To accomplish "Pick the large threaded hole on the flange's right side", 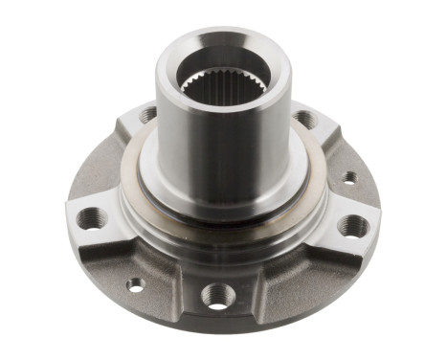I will [x=352, y=226].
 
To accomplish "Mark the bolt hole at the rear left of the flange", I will [x=148, y=116].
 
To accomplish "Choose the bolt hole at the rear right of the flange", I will [x=305, y=120].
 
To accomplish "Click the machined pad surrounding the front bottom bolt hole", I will [x=219, y=287].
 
